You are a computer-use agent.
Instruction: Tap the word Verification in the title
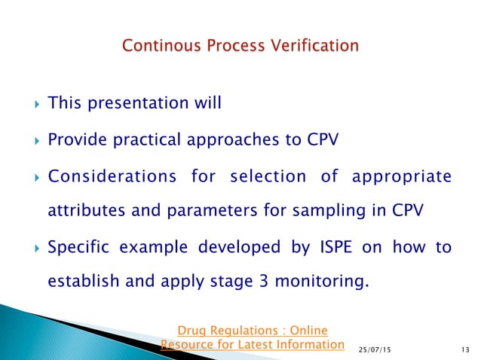pos(314,47)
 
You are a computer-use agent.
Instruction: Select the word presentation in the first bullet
pos(135,103)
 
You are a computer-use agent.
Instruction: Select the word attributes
pos(84,212)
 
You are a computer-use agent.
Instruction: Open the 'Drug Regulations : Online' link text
pos(252,330)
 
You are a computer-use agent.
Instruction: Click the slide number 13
pos(461,347)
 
